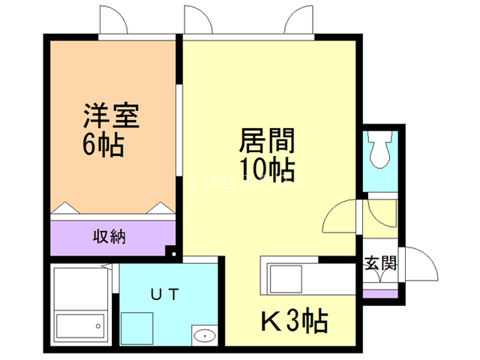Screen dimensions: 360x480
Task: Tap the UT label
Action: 166,295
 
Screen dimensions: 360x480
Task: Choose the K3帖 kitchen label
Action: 293,322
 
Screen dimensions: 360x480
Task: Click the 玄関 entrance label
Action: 381,263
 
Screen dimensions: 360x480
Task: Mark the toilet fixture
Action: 380,149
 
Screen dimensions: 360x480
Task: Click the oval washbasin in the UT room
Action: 204,335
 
